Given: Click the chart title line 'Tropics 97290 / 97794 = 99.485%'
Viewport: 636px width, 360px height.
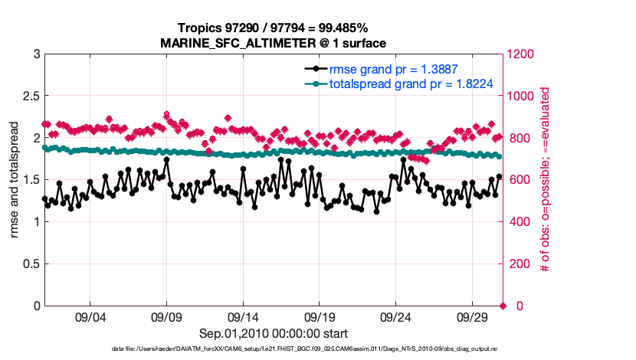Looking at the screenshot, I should pos(274,28).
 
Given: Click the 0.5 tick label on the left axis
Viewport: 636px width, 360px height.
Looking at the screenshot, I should pos(30,264).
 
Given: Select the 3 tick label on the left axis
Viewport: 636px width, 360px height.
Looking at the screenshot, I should pos(35,54).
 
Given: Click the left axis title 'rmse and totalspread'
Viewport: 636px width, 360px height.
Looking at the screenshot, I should pos(15,180).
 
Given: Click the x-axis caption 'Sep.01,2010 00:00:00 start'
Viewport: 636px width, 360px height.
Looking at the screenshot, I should pos(274,334).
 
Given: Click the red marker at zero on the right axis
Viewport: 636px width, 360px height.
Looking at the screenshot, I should pos(503,306).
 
